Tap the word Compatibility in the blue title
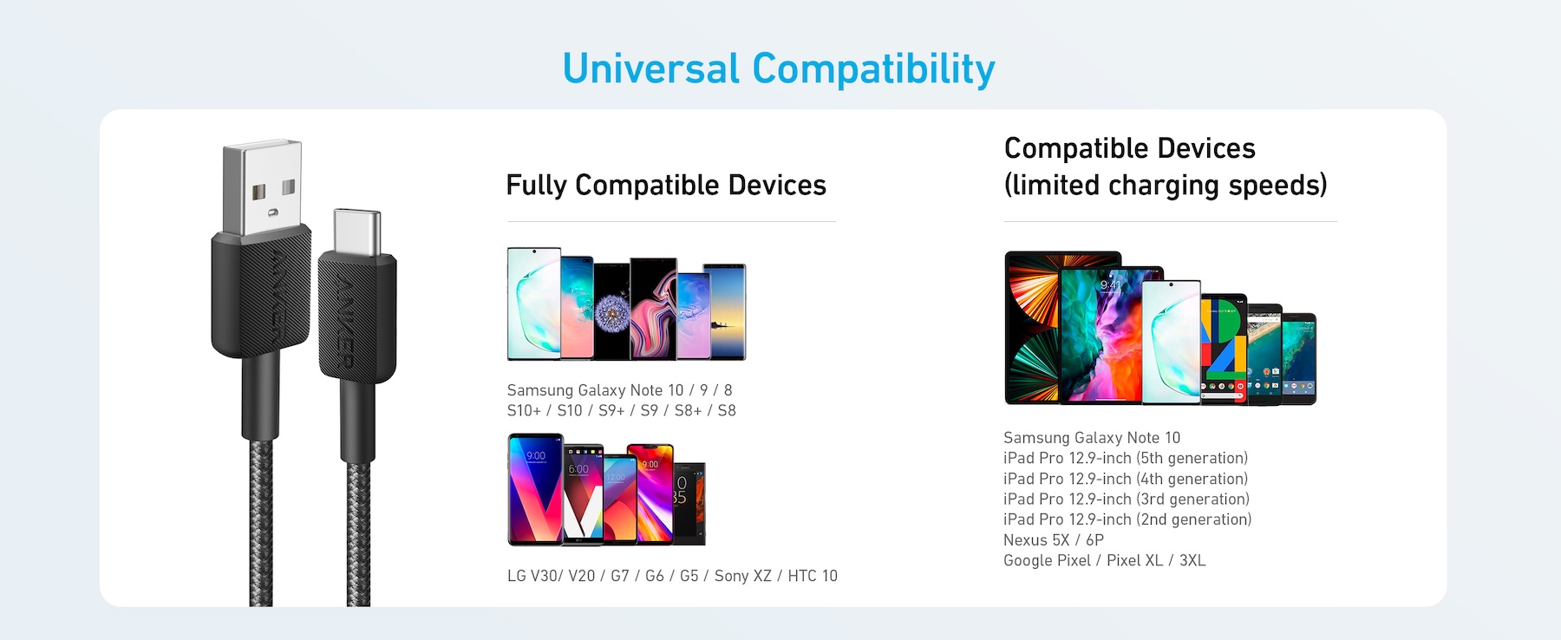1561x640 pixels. point(874,69)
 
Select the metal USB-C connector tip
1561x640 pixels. point(357,232)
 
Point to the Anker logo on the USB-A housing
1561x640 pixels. point(285,297)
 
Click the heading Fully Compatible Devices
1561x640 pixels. point(666,186)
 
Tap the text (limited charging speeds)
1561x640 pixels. point(1166,186)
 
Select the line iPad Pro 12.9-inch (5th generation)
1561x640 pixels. point(1126,458)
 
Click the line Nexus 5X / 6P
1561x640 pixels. point(1054,539)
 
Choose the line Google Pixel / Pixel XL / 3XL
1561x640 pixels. point(1105,560)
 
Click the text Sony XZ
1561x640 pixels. point(742,576)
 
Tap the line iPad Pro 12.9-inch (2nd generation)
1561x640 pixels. point(1127,519)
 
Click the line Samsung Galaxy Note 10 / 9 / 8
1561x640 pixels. point(620,390)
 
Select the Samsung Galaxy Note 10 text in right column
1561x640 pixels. point(1092,438)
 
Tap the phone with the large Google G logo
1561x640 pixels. point(1223,349)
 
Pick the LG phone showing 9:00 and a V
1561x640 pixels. point(536,490)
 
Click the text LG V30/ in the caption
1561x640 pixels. point(535,576)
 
